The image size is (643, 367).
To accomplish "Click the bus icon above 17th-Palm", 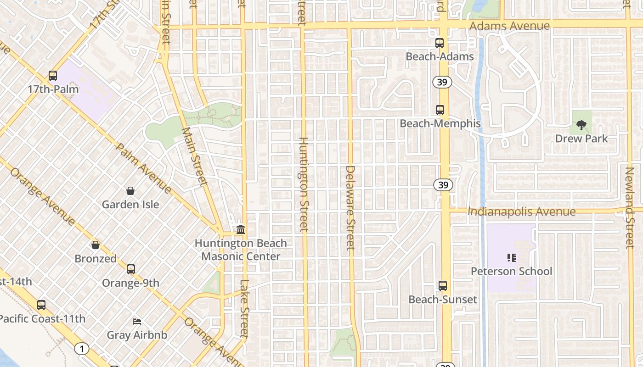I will tap(53, 76).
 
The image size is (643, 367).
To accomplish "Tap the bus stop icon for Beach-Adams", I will tap(440, 43).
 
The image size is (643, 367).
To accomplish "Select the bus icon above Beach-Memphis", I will tap(440, 110).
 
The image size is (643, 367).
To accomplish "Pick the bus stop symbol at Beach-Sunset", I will tap(443, 286).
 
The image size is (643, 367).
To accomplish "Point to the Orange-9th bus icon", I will tap(131, 269).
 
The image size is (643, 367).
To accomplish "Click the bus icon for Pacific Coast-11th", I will tap(41, 305).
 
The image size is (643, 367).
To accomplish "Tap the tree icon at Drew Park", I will tap(581, 125).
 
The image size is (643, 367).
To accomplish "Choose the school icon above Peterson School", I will tap(512, 258).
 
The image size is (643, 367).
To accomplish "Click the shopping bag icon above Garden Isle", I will tap(130, 191).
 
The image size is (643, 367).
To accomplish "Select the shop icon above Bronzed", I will tap(96, 245).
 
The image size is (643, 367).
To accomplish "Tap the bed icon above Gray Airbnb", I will tap(137, 321).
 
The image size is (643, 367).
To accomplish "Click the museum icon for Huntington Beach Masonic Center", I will tap(241, 229).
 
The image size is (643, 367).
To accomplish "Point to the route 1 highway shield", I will tap(81, 349).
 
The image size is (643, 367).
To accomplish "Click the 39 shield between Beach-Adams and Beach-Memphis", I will tap(442, 82).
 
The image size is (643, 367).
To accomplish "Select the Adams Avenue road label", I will tap(510, 26).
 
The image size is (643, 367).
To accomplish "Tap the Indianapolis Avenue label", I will tap(521, 211).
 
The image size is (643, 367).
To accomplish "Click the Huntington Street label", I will tap(303, 184).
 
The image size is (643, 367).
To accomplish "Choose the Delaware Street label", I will tap(350, 207).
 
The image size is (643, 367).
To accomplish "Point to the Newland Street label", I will tap(629, 207).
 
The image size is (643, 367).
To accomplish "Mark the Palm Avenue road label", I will tap(143, 168).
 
